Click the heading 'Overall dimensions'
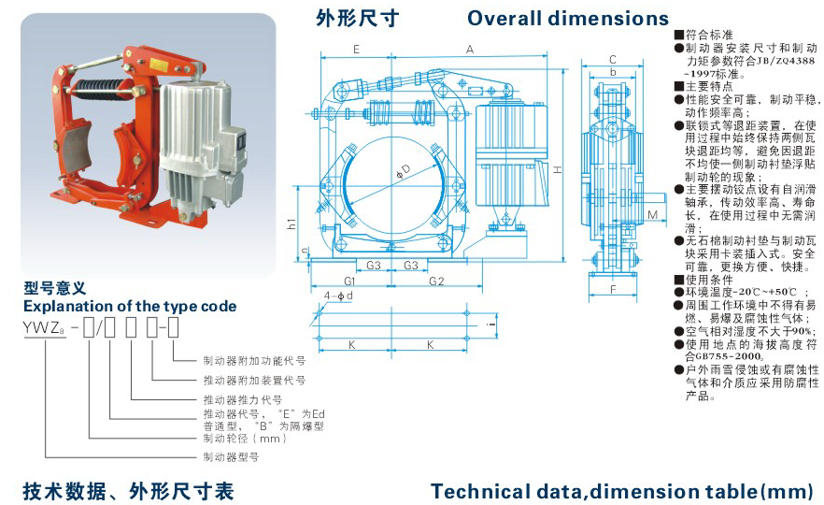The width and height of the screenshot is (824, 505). [568, 19]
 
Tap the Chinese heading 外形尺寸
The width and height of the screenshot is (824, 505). [357, 19]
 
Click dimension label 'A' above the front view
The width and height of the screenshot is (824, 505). [470, 50]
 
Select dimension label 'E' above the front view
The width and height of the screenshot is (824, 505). [356, 50]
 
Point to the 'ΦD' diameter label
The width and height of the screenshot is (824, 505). [403, 170]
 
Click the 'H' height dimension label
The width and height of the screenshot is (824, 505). [557, 169]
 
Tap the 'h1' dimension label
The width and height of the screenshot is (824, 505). [291, 224]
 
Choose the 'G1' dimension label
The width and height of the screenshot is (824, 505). [349, 281]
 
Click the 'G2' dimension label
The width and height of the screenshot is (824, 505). [436, 281]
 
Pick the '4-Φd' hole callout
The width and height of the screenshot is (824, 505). [338, 296]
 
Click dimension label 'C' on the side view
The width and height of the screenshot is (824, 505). [612, 60]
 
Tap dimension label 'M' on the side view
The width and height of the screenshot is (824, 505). [652, 215]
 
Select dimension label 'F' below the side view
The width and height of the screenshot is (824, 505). [613, 289]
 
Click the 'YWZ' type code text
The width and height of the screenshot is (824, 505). [44, 327]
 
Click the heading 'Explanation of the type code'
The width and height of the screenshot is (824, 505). [130, 306]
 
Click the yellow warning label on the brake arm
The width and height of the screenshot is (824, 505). [158, 65]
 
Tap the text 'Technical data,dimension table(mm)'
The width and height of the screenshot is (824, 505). [622, 492]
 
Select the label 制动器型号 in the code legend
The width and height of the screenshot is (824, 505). [232, 457]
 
